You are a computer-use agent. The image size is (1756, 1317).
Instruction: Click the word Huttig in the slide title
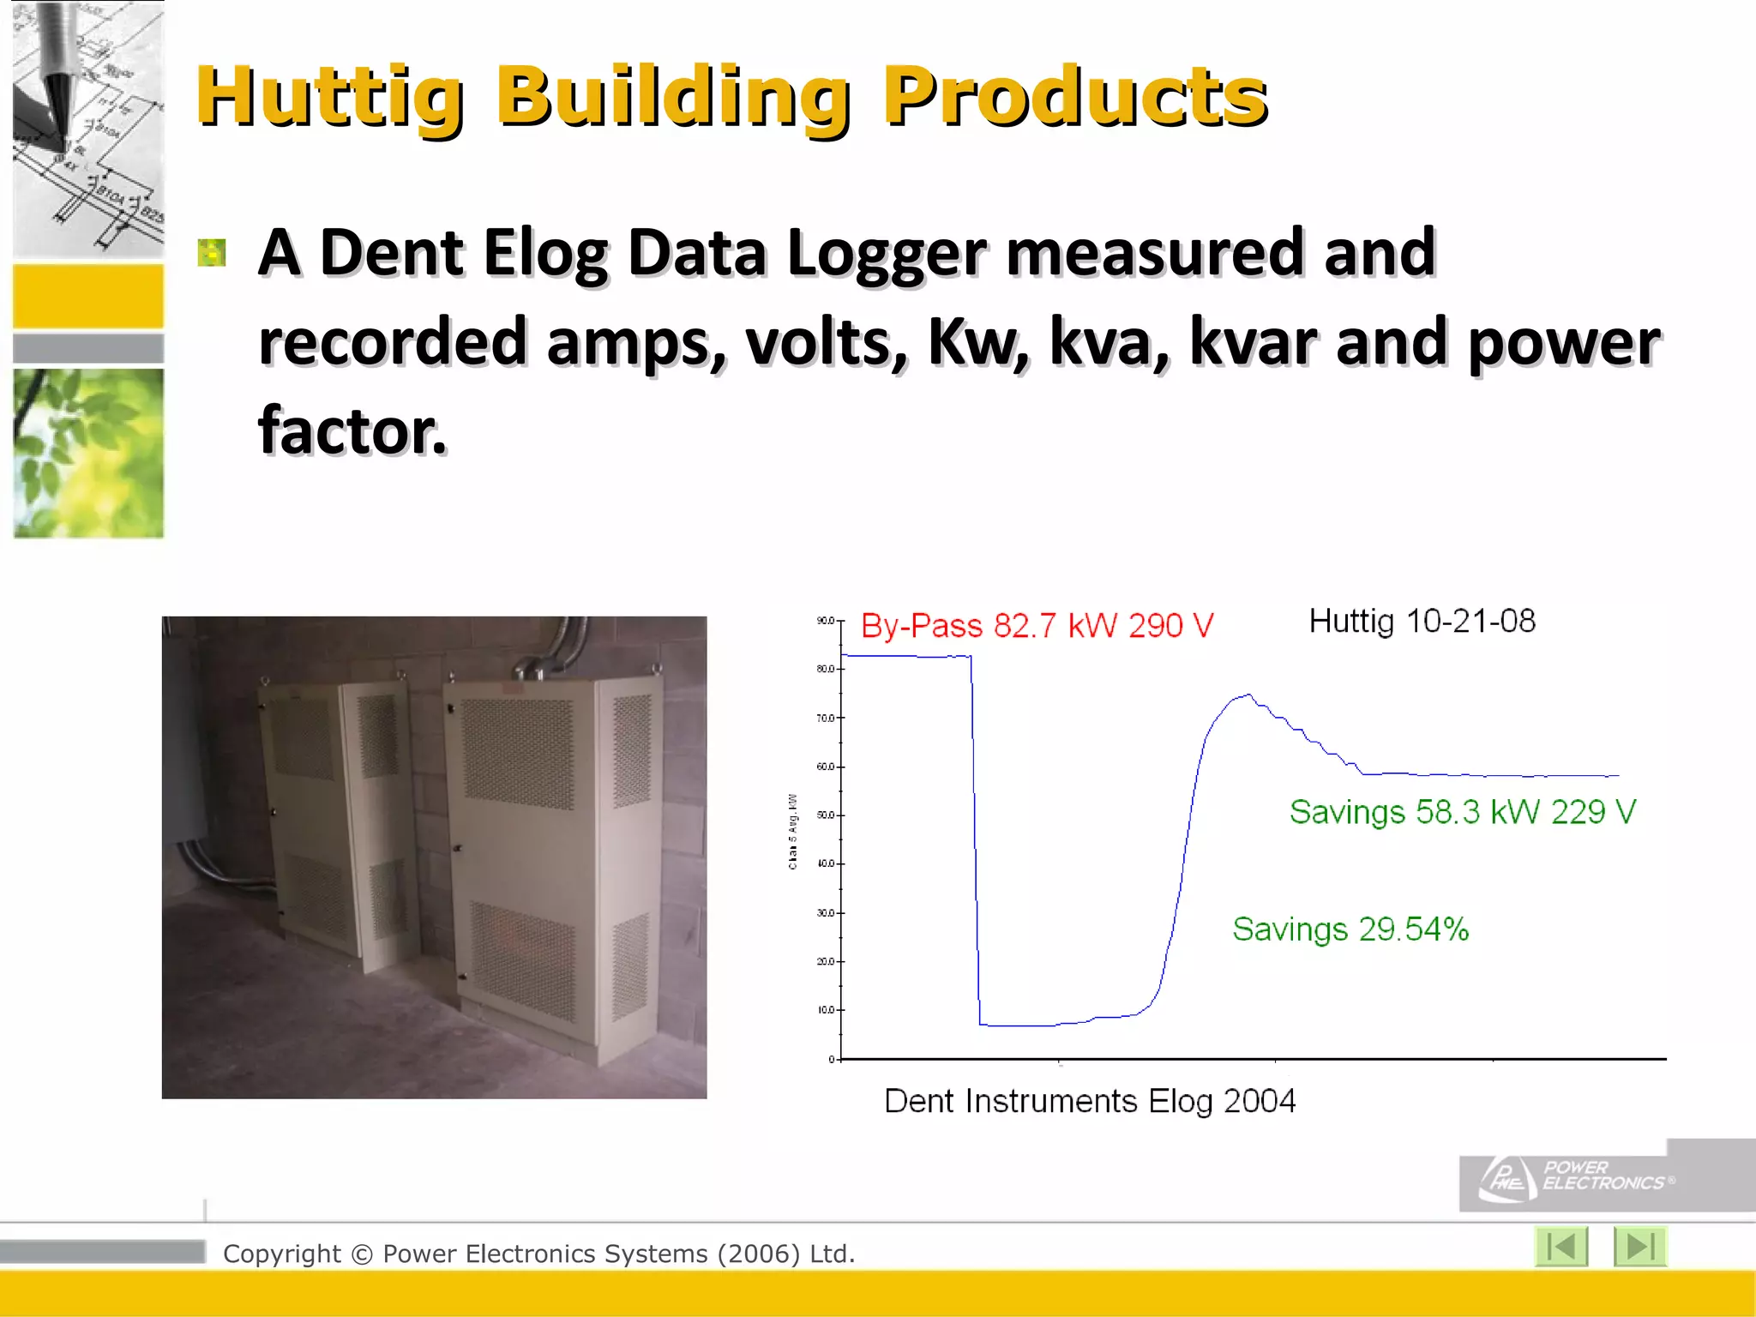330,96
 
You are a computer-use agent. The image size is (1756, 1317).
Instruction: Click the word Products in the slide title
1075,96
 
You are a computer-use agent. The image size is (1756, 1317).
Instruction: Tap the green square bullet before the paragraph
211,253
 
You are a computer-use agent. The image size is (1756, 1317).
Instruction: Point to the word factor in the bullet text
352,430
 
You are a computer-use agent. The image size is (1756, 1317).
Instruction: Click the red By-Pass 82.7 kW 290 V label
1037,626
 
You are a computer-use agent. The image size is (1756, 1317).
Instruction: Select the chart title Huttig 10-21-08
1422,622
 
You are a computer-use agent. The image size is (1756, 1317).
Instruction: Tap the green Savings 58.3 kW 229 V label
1462,812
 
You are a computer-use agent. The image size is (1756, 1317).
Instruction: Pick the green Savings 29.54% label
1350,929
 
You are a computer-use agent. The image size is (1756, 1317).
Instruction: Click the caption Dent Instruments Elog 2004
1089,1101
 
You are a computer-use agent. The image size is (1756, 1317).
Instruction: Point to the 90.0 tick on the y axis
826,621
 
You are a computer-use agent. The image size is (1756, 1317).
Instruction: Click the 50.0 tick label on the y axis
826,815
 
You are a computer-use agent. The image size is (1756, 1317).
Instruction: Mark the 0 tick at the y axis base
832,1060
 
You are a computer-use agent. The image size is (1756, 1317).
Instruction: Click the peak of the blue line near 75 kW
1248,695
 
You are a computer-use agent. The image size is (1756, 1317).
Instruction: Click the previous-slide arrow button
1561,1247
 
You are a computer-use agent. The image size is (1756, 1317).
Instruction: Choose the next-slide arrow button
1639,1247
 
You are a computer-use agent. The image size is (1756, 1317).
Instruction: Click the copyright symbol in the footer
362,1254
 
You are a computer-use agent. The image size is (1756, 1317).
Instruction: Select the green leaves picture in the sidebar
88,453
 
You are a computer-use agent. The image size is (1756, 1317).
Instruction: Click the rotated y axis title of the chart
793,832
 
